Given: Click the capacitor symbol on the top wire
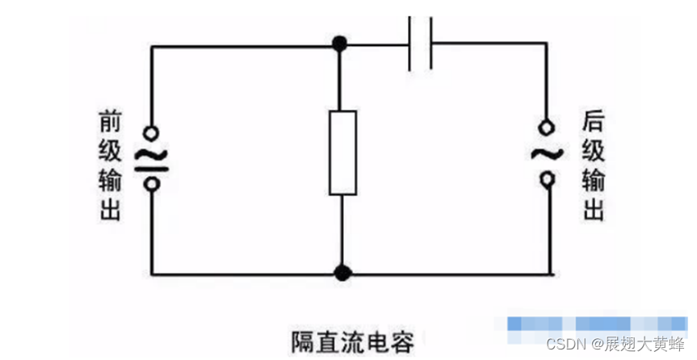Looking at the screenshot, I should coord(420,44).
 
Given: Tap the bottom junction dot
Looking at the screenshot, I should coord(342,273).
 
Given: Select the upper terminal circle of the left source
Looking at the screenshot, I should coord(150,132).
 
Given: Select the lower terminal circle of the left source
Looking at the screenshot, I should coord(150,183).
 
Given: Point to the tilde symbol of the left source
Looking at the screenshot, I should coord(150,156).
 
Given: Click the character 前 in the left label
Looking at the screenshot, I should coord(110,121).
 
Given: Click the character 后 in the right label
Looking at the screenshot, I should coord(593,121).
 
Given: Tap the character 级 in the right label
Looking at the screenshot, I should coord(593,151).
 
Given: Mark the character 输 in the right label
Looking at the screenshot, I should coord(593,181).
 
